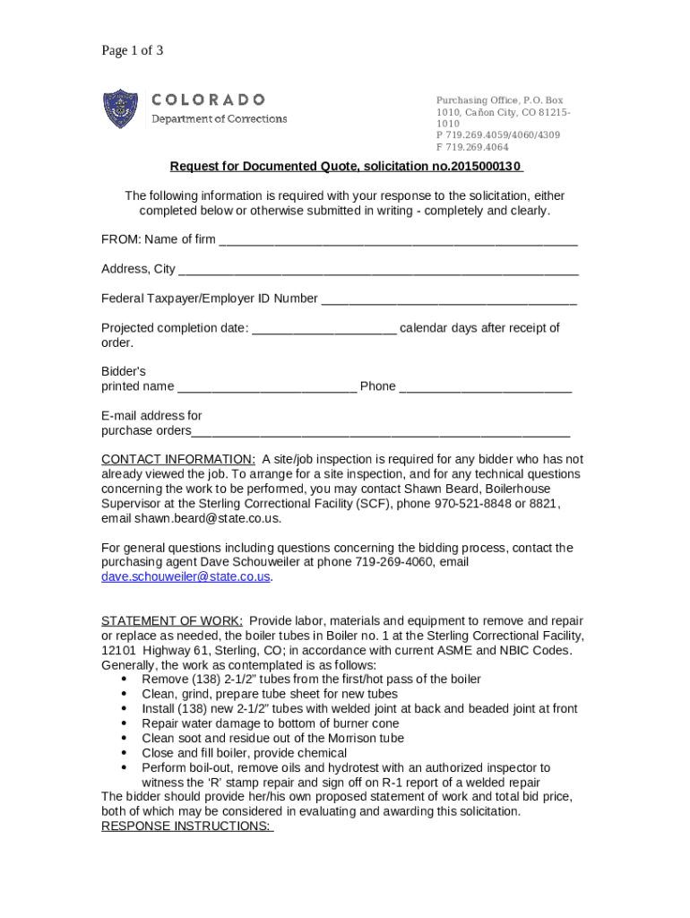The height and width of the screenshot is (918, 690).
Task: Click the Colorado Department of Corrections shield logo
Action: point(120,108)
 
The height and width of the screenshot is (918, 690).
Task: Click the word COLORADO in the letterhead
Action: point(208,100)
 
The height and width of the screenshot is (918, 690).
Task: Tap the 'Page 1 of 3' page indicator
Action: point(132,50)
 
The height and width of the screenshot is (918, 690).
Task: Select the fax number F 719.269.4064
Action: point(471,147)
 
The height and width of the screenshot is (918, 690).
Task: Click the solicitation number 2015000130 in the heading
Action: point(485,167)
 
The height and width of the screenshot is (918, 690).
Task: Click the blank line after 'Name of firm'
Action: point(398,240)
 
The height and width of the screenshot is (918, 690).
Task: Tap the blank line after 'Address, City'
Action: point(377,270)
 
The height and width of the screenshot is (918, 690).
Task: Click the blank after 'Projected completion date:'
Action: point(323,329)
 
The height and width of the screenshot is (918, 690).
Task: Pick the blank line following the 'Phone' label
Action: point(485,387)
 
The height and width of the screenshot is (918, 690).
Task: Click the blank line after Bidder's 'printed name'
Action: point(267,387)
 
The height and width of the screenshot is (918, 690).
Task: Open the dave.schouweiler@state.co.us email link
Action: point(185,577)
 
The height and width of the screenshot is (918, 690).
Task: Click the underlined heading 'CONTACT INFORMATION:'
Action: point(178,459)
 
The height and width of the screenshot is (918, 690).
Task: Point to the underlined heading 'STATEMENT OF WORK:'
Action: point(172,621)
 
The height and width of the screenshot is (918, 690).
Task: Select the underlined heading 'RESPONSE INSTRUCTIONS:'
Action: point(186,826)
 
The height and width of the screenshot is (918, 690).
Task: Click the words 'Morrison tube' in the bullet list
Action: point(367,739)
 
